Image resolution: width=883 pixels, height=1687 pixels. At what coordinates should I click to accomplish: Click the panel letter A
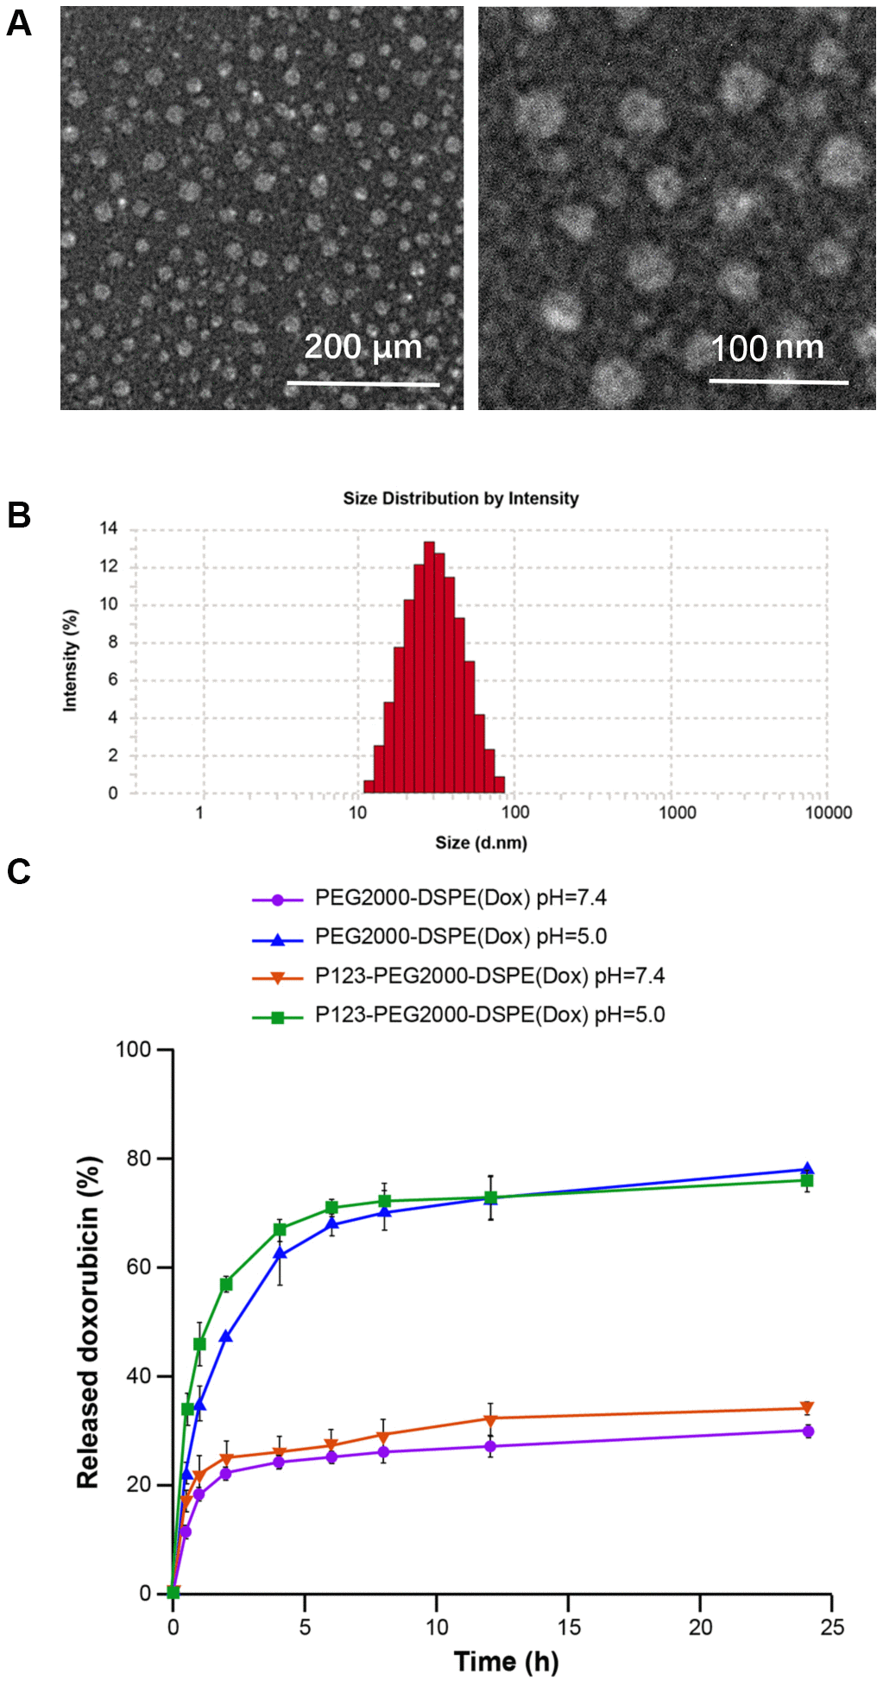tap(18, 23)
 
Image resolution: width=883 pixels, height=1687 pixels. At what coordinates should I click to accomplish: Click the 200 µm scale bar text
tap(363, 347)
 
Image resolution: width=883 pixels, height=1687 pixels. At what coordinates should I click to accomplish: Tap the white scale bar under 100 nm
tap(779, 381)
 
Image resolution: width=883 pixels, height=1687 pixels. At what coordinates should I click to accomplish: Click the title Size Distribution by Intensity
tap(460, 498)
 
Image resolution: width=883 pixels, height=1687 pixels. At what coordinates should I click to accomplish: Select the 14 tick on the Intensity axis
tap(109, 528)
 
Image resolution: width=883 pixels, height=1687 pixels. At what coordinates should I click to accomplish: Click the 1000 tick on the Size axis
tap(678, 812)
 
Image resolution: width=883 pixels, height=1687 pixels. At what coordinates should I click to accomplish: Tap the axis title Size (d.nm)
tap(481, 843)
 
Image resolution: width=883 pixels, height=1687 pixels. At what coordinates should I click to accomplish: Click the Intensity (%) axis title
tap(71, 660)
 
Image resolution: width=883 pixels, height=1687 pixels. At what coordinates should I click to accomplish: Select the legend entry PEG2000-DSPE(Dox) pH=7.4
tap(460, 898)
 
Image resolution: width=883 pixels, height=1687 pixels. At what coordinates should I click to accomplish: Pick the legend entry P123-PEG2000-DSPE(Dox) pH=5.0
tap(489, 1014)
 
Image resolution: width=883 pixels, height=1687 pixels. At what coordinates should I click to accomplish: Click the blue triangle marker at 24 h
tap(807, 1169)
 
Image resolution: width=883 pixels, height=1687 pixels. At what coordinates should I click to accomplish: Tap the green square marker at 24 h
tap(807, 1180)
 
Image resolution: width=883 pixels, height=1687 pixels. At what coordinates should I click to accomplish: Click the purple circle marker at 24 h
tap(808, 1431)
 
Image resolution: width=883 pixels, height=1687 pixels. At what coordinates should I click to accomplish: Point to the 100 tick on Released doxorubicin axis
tap(134, 1050)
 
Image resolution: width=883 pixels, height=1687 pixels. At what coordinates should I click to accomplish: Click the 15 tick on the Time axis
tap(569, 1627)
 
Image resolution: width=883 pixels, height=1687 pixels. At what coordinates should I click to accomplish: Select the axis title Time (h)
tap(506, 1661)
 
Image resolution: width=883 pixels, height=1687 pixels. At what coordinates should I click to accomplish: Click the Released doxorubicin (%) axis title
tap(89, 1322)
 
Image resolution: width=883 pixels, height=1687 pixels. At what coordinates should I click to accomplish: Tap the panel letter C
tap(18, 872)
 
